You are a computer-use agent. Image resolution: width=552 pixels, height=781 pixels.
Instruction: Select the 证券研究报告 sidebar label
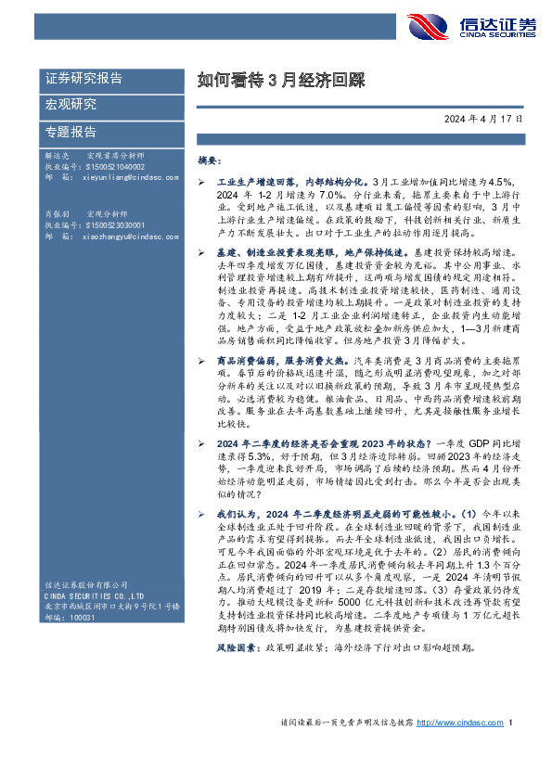[83, 79]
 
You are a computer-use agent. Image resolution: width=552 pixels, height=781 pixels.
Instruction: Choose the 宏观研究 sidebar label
[71, 104]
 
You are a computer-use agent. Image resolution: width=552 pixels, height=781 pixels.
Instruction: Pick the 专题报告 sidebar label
[71, 131]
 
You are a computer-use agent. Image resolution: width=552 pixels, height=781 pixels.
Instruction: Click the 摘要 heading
[209, 160]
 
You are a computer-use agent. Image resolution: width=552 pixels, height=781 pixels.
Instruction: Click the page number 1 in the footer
[511, 749]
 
